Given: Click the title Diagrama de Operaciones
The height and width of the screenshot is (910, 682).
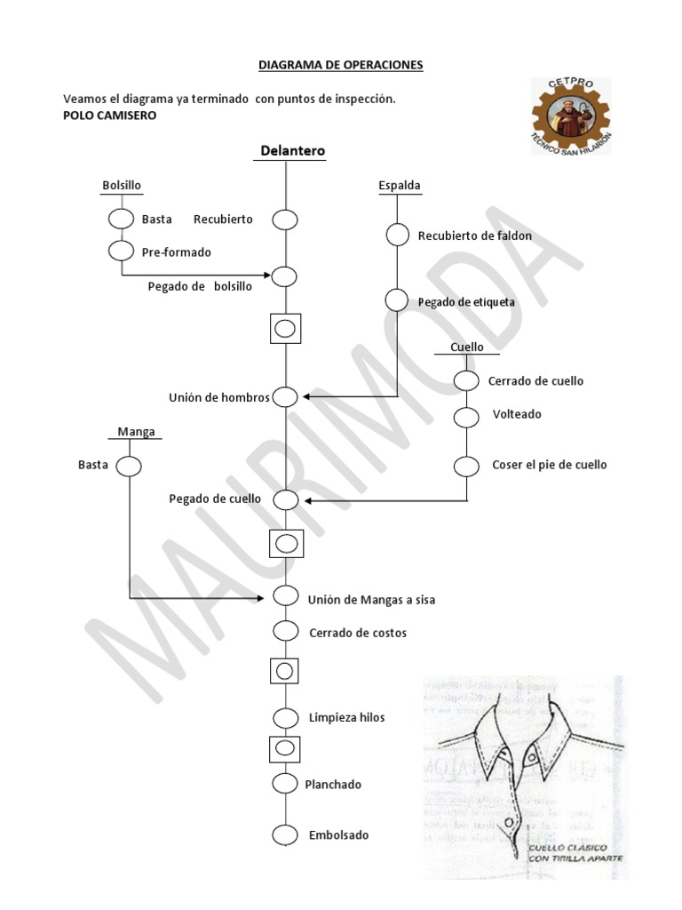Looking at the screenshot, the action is (340, 65).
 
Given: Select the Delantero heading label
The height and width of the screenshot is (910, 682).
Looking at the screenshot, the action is (293, 151).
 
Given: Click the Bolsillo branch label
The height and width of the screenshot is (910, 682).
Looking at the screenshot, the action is (122, 185).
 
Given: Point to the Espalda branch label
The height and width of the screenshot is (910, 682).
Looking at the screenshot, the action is (400, 186).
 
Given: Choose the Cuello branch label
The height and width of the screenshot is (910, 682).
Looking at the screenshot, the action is (466, 347).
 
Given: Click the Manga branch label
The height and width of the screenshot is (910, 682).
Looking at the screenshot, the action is (137, 432).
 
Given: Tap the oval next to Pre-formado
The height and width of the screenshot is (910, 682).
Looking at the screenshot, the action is (121, 251).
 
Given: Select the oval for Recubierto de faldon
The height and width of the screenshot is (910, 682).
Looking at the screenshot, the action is (397, 235).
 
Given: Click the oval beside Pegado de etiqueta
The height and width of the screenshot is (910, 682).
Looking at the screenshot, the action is (397, 300).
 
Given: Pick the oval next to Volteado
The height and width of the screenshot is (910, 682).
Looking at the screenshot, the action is (466, 416).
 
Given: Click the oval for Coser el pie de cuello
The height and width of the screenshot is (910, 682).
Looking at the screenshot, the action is (466, 465).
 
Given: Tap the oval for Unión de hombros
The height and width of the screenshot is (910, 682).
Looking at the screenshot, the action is (285, 397).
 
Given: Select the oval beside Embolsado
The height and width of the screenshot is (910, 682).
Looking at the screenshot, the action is (285, 835).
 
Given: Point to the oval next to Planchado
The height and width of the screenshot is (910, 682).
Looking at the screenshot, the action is (285, 784).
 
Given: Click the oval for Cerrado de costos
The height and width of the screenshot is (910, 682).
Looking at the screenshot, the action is (285, 632).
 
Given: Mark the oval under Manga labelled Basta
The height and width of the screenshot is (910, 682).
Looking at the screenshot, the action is (129, 466).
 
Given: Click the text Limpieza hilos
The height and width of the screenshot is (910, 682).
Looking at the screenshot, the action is (346, 717).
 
